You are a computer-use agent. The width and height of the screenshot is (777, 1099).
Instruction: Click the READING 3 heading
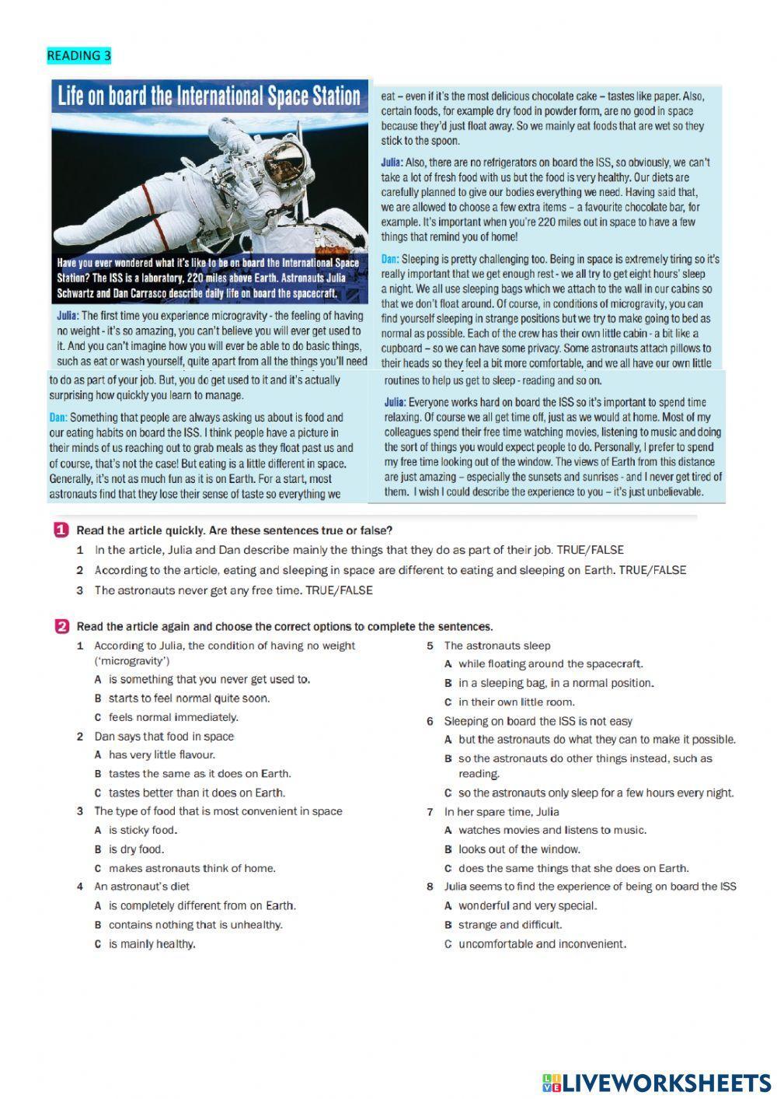(x=78, y=55)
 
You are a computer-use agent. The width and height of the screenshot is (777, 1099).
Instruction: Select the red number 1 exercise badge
(x=60, y=530)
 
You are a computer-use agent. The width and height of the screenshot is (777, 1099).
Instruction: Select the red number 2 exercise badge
(x=61, y=626)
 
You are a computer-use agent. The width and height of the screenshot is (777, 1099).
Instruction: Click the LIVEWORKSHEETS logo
(x=657, y=1082)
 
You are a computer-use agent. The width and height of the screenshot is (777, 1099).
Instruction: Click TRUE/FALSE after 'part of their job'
(x=590, y=550)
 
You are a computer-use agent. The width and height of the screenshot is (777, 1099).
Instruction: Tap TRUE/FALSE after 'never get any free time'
(x=339, y=590)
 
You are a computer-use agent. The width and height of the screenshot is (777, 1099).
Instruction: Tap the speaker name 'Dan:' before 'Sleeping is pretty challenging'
(x=390, y=259)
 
